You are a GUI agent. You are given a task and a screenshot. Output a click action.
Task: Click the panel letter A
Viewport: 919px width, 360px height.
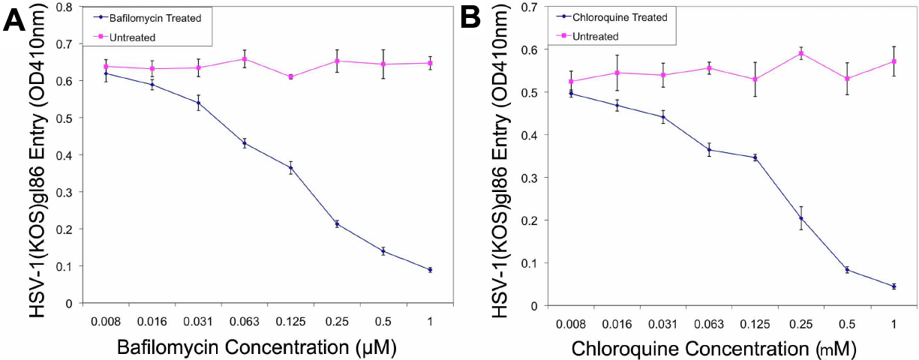[16, 20]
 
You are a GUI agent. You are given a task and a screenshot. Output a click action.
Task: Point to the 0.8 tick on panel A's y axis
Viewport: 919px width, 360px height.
[68, 7]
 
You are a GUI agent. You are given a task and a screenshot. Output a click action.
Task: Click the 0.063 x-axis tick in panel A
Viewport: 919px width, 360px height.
[244, 322]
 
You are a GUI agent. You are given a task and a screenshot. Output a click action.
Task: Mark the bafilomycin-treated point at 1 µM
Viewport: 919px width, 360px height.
[430, 270]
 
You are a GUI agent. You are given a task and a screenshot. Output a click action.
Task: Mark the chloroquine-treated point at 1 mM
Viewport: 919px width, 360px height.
[893, 286]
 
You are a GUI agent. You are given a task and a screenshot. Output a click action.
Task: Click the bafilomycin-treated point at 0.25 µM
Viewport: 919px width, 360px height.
[337, 223]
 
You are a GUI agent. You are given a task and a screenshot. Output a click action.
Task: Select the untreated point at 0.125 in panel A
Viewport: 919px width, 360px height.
[290, 76]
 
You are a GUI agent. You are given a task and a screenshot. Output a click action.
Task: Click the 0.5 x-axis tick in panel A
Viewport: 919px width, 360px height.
[383, 322]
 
